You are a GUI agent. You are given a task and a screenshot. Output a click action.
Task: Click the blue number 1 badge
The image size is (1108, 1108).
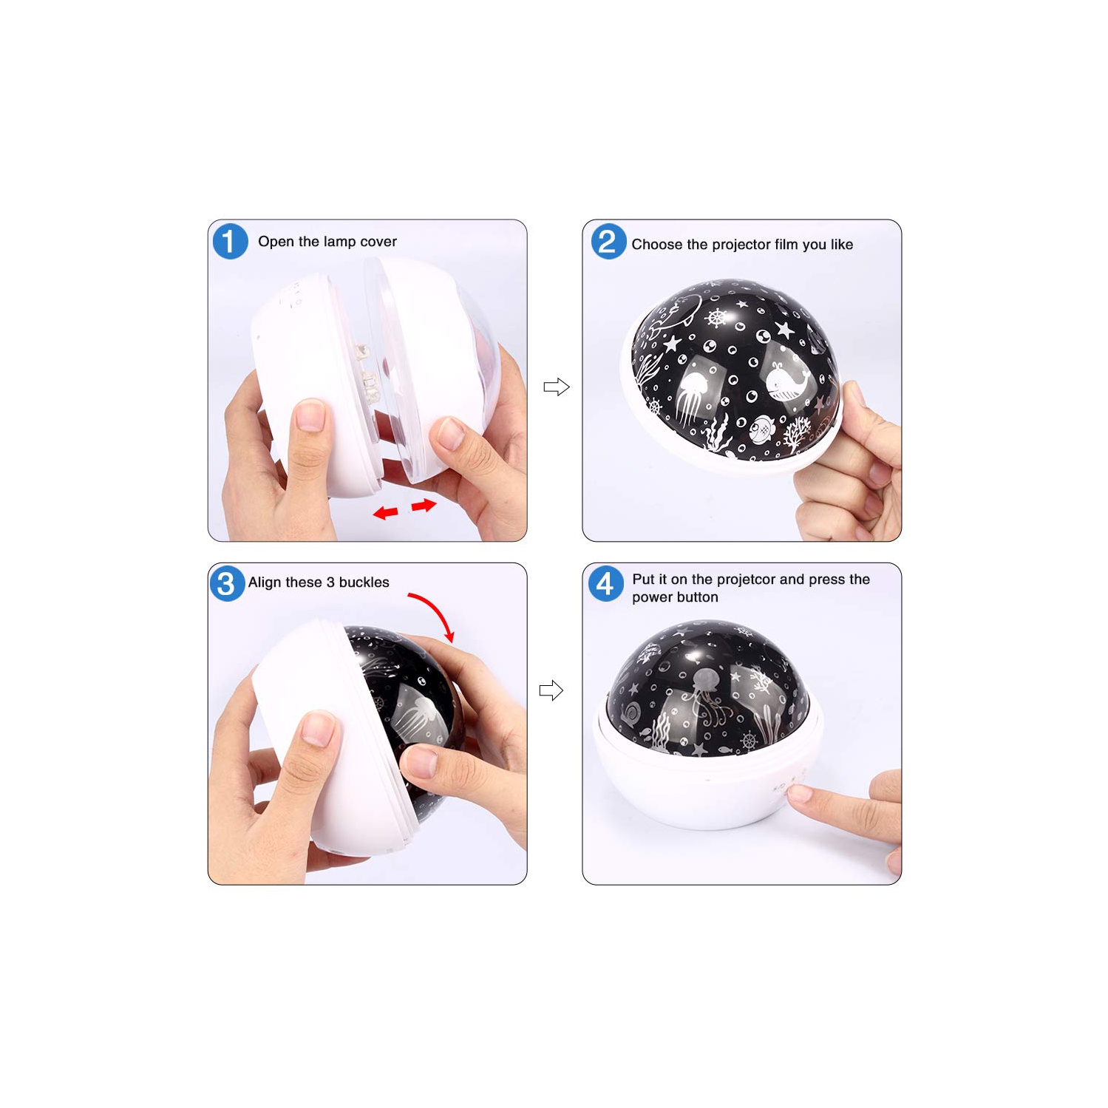point(230,242)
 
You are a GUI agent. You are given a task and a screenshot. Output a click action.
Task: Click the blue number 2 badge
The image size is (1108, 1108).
point(608,242)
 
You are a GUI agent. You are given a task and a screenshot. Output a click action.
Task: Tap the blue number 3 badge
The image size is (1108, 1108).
point(227,583)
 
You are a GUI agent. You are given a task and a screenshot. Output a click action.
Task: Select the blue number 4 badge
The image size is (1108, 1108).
point(605,584)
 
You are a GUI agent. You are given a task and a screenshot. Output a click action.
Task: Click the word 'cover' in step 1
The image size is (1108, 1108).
point(378,242)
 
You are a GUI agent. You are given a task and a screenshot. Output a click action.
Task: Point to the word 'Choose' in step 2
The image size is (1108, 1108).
point(656,245)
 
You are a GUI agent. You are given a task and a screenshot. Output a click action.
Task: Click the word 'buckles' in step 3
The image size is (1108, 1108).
point(364,582)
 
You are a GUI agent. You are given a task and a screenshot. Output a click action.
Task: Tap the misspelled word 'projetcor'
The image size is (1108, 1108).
point(746,580)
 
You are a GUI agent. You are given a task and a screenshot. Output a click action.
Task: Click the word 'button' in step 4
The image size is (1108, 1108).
point(697,597)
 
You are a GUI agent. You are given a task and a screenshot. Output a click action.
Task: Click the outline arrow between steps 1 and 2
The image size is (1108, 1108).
point(556,387)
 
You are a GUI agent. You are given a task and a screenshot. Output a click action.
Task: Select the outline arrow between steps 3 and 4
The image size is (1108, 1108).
point(551,690)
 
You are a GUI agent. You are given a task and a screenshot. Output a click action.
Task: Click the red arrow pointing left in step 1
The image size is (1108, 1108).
point(385,512)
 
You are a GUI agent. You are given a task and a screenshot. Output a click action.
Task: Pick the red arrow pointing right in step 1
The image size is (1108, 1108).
point(424,506)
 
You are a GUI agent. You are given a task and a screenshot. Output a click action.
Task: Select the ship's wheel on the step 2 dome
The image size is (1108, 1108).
point(716,319)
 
